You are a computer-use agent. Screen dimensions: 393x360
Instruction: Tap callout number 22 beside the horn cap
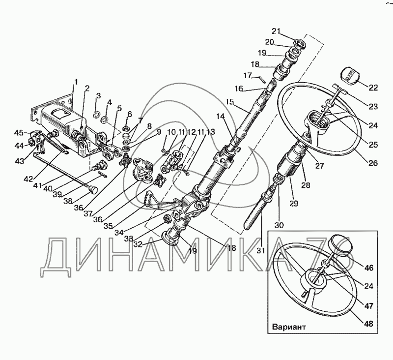coord(373,88)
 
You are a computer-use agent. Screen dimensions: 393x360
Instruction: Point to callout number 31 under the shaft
coord(260,250)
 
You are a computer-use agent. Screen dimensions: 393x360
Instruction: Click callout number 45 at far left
coord(19,132)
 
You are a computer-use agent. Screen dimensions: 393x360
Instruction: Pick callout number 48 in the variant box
coord(369,324)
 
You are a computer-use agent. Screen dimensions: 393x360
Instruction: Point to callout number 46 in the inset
coord(369,268)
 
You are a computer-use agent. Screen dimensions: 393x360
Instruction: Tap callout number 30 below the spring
coord(280,225)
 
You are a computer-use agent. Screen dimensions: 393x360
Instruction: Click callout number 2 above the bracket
coord(87,89)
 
